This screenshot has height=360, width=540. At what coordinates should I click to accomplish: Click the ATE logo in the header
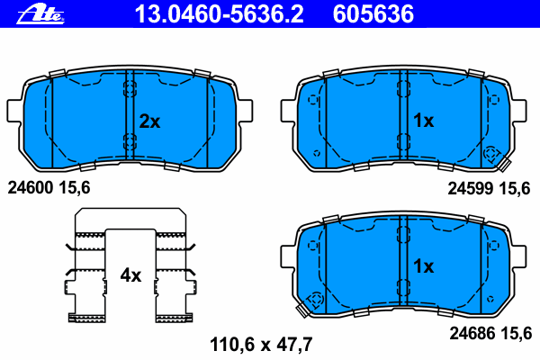pyautogui.click(x=40, y=14)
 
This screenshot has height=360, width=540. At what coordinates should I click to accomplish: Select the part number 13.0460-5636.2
pyautogui.click(x=219, y=14)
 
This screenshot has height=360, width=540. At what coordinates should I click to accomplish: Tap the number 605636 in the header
pyautogui.click(x=373, y=14)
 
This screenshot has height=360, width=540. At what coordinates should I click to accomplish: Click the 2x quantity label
pyautogui.click(x=149, y=121)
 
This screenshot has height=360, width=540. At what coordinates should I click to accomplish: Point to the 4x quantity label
pyautogui.click(x=130, y=275)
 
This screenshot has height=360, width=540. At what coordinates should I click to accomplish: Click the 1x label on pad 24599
pyautogui.click(x=423, y=121)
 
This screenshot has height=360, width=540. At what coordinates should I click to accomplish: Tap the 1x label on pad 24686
pyautogui.click(x=423, y=266)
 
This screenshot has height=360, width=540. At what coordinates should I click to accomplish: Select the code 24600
pyautogui.click(x=31, y=188)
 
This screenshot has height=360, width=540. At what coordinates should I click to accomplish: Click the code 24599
pyautogui.click(x=471, y=188)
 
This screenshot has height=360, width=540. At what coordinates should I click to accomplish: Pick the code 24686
pyautogui.click(x=472, y=334)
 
